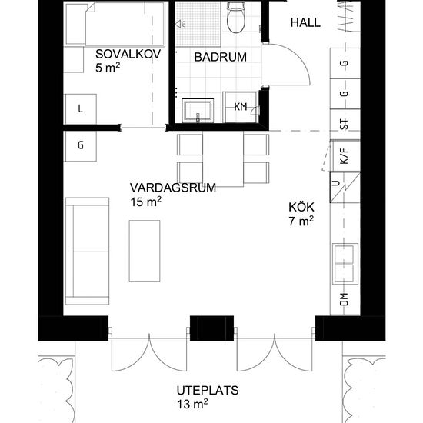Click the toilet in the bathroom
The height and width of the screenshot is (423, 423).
[236, 18]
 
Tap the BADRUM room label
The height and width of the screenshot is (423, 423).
[221, 57]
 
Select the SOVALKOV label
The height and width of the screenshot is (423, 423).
[128, 55]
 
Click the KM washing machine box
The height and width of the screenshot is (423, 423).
[240, 107]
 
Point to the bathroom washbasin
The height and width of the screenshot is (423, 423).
[198, 111]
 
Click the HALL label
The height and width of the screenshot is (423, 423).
[305, 22]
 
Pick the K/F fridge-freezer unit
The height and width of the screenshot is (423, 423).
[345, 155]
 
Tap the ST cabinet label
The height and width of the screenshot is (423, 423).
[344, 125]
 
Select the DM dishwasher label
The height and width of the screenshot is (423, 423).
[344, 299]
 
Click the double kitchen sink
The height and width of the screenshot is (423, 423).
[345, 264]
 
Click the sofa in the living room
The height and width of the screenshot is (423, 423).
[87, 251]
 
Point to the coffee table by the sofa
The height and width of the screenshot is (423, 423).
[145, 251]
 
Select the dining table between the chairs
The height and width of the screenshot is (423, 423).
[223, 159]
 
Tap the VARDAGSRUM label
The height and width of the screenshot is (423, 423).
[173, 188]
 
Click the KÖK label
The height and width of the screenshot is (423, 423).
[301, 207]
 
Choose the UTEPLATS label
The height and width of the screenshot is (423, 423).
[208, 391]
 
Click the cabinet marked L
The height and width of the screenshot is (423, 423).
[80, 109]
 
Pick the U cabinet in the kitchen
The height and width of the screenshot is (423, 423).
[345, 187]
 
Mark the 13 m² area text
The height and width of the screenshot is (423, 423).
[192, 405]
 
